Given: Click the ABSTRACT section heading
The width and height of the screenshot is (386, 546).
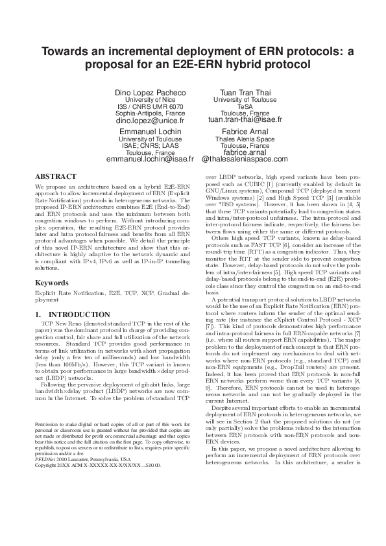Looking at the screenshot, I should click(x=56, y=176).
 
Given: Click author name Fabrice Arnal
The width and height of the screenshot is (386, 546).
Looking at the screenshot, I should click(x=245, y=131).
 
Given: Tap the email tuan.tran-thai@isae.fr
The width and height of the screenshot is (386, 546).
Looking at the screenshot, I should click(x=245, y=120).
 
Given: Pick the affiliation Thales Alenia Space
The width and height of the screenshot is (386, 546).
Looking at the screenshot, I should click(x=245, y=139).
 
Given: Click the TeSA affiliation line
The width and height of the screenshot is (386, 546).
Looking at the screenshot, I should click(x=245, y=106).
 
